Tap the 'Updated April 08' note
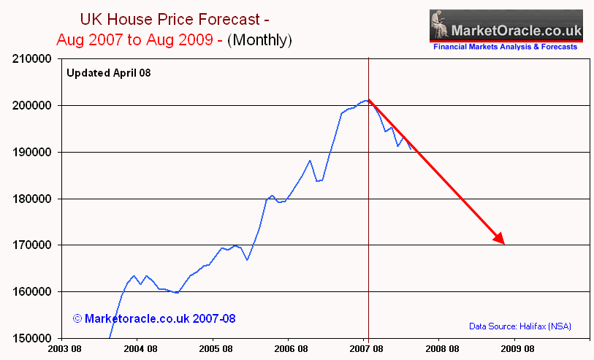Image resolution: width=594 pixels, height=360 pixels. pyautogui.click(x=108, y=72)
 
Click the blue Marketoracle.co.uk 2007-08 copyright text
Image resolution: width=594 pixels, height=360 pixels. pyautogui.click(x=154, y=319)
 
